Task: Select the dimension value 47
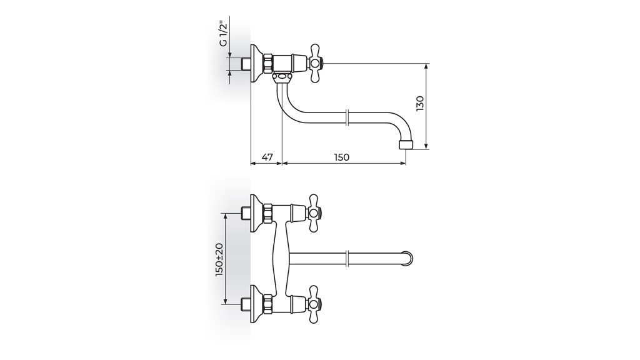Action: (x=266, y=157)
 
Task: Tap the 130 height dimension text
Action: (x=419, y=104)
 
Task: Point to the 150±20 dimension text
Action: (x=219, y=259)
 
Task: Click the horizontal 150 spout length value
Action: (x=342, y=157)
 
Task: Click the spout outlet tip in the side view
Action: (x=406, y=144)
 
